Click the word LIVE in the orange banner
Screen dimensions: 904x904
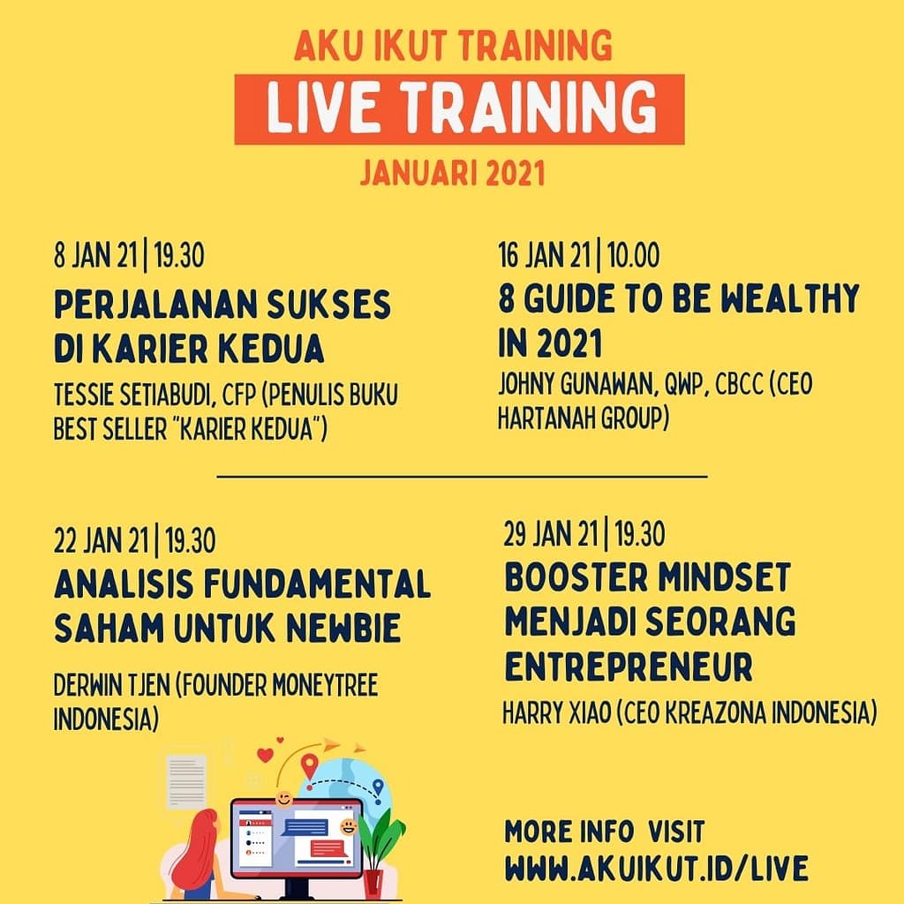click(323, 109)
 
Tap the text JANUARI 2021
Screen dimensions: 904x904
click(453, 174)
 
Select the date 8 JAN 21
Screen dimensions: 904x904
click(95, 255)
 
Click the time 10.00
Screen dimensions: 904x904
click(633, 255)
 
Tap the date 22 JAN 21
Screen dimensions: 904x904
click(101, 540)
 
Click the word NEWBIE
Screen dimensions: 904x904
click(343, 628)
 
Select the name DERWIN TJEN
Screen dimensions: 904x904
click(111, 684)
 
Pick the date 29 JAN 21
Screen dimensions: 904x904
click(551, 534)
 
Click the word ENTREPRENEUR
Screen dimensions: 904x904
click(629, 667)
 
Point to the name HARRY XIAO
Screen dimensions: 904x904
click(556, 712)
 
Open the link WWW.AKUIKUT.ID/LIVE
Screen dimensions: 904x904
click(657, 869)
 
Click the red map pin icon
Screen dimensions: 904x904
click(310, 767)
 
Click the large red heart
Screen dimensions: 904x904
click(265, 756)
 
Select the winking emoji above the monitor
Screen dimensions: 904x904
click(283, 799)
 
